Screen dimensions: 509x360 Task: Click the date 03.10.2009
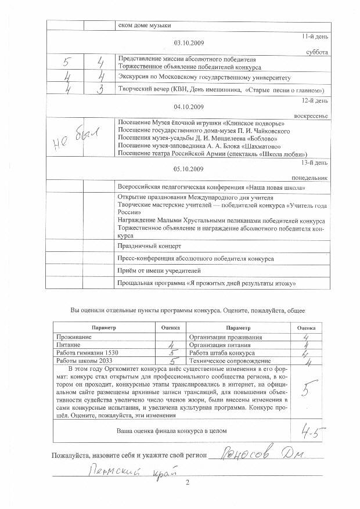189,44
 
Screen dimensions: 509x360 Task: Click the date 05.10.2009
189,169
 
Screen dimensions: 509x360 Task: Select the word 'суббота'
316,52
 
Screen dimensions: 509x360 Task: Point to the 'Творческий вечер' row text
221,91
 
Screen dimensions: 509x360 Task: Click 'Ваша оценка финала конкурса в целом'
172,431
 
